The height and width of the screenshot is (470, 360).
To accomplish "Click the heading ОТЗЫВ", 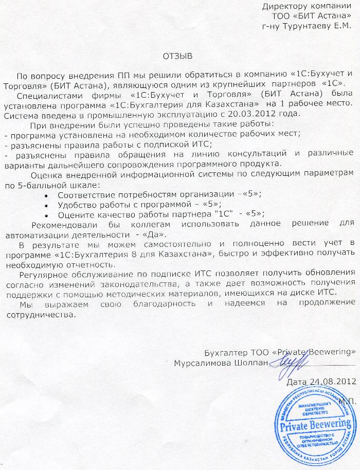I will pos(175,55).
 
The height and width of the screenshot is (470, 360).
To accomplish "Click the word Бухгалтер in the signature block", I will pos(223,352).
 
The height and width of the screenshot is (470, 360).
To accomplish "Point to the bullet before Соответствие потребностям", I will pos(48,195).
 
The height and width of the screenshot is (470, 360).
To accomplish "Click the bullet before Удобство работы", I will pos(48,205).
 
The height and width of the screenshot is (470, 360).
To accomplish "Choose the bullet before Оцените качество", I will pos(48,214).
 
